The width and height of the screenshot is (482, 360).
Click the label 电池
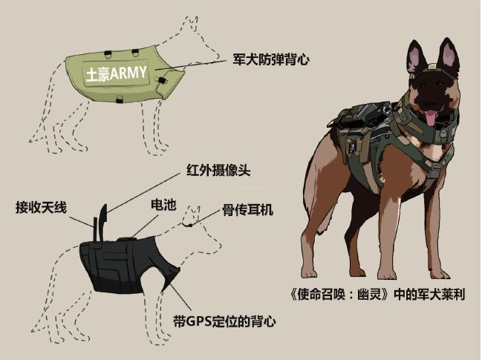[x=163, y=205]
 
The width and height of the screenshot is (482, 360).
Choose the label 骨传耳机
[x=247, y=210]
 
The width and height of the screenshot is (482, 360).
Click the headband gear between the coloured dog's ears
[x=430, y=71]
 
